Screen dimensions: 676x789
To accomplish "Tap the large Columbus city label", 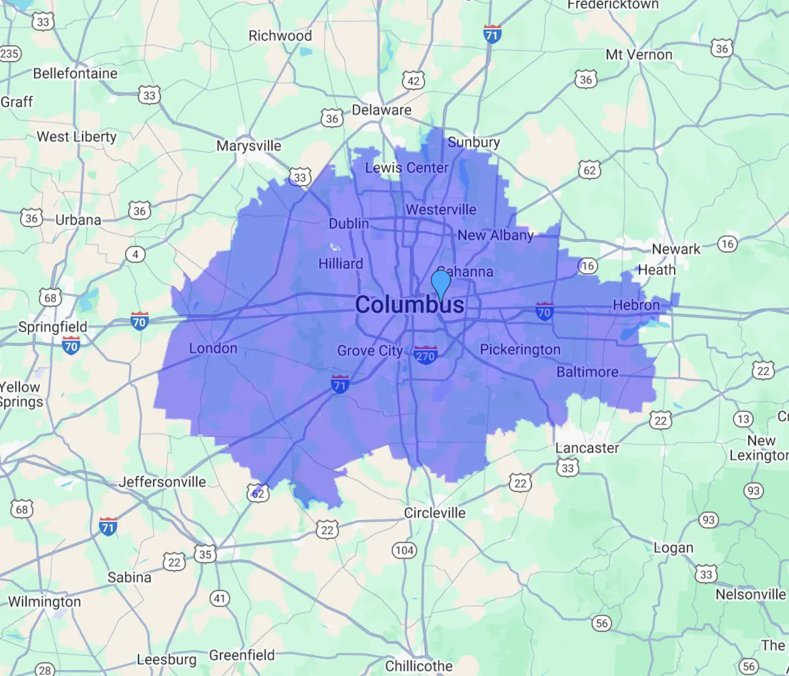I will (410, 305).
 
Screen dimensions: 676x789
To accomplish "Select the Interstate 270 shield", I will (425, 355).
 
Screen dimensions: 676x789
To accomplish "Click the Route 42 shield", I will (413, 81).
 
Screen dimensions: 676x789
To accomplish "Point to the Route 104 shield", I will (404, 550).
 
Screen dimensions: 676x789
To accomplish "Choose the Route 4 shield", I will (135, 254).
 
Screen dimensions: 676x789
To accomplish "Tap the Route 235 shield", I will (10, 54).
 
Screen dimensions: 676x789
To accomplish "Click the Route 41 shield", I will (219, 598).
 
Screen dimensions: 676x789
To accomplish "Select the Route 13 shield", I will (743, 419).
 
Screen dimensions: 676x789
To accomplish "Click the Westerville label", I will (441, 210).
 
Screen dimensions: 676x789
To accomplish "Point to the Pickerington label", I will (520, 350).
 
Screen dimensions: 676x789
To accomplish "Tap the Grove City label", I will (370, 350).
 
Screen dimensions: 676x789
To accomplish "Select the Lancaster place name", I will (587, 448).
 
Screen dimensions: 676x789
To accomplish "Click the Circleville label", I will (435, 513).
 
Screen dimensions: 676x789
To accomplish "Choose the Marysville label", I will (249, 146).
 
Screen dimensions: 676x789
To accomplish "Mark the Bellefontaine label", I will (75, 73).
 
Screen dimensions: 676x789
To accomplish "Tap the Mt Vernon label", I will (639, 55).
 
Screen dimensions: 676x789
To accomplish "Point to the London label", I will (213, 348).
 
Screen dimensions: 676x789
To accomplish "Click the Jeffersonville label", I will (162, 482).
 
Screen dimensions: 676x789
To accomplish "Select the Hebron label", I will (636, 305).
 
